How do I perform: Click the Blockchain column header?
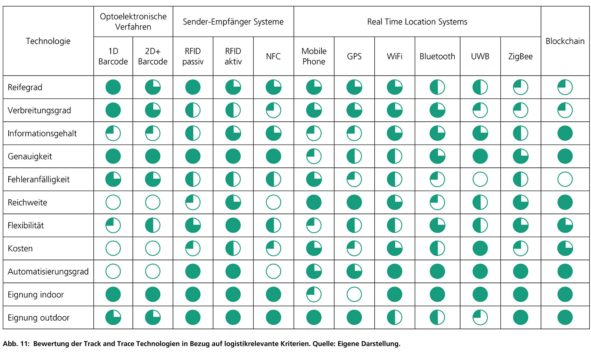tap(565, 41)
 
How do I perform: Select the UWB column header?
tap(480, 56)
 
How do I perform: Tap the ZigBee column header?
tap(520, 56)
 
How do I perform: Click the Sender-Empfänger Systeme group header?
tap(233, 22)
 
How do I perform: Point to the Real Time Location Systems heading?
tap(417, 22)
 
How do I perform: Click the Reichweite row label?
tap(27, 202)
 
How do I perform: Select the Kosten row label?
tap(20, 249)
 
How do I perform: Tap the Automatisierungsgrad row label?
tap(48, 271)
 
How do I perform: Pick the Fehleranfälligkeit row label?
tap(39, 180)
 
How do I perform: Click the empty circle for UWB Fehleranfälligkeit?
tap(480, 180)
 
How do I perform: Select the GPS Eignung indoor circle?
tap(354, 294)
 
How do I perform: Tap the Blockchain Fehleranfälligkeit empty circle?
tap(565, 180)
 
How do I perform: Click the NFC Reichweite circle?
tap(273, 202)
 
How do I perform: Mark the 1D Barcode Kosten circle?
tap(113, 249)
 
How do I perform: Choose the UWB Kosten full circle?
tap(480, 249)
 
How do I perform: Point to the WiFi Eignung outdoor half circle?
tap(394, 317)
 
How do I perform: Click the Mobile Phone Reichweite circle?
tap(314, 202)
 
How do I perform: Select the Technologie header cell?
tap(48, 41)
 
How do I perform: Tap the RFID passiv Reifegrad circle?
tap(193, 87)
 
